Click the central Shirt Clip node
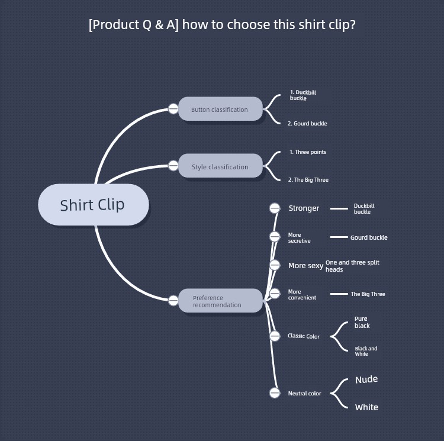pos(92,205)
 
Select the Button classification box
pos(220,110)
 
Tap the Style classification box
pos(220,167)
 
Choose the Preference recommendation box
pos(220,301)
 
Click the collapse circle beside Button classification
pos(173,109)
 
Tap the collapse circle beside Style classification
pos(173,166)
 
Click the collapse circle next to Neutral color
pos(275,392)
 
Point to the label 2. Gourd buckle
pos(307,124)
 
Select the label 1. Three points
pos(308,152)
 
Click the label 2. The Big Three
pos(308,180)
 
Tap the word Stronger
pos(304,208)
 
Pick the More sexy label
pos(305,266)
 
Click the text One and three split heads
pos(352,266)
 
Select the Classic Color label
pos(304,336)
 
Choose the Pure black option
pos(362,322)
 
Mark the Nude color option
pos(366,379)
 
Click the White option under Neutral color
pos(366,407)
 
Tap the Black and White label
pos(366,351)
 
